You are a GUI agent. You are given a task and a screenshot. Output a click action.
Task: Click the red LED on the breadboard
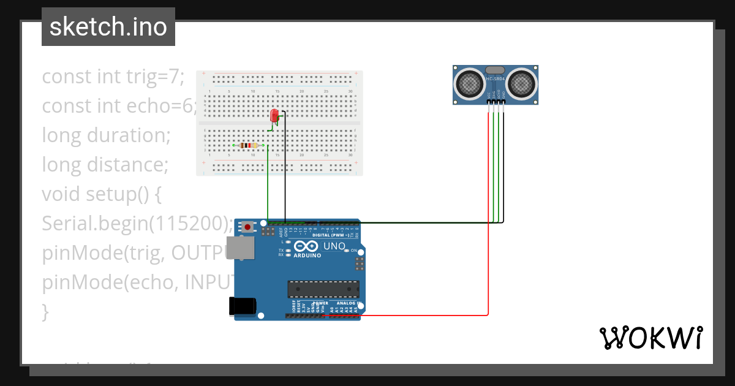[274, 115]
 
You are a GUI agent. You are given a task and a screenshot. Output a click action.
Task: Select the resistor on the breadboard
[248, 145]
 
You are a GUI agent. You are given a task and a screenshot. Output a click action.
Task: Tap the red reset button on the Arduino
[247, 227]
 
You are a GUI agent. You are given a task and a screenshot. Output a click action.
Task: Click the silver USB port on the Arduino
[240, 248]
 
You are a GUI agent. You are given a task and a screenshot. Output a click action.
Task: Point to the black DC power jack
[241, 306]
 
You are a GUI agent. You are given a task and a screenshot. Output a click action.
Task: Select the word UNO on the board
[334, 246]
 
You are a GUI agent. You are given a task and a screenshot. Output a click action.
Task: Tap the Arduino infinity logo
[306, 246]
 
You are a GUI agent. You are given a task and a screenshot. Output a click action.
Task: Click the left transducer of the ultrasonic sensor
[470, 83]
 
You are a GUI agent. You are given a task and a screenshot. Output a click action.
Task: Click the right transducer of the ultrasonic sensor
[521, 83]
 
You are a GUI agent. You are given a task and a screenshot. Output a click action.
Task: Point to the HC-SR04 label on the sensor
[495, 79]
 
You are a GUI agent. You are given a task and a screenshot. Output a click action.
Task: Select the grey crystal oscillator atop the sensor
[495, 70]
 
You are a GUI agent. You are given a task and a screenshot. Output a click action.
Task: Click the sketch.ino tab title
[108, 27]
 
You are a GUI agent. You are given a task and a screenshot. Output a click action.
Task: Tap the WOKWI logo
[650, 338]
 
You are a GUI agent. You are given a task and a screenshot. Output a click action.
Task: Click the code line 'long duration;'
[105, 135]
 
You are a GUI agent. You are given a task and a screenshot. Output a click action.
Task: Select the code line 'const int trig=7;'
[113, 77]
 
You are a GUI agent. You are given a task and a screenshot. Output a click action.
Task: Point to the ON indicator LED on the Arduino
[347, 251]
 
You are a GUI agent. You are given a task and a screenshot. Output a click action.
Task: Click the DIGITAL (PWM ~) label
[331, 235]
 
